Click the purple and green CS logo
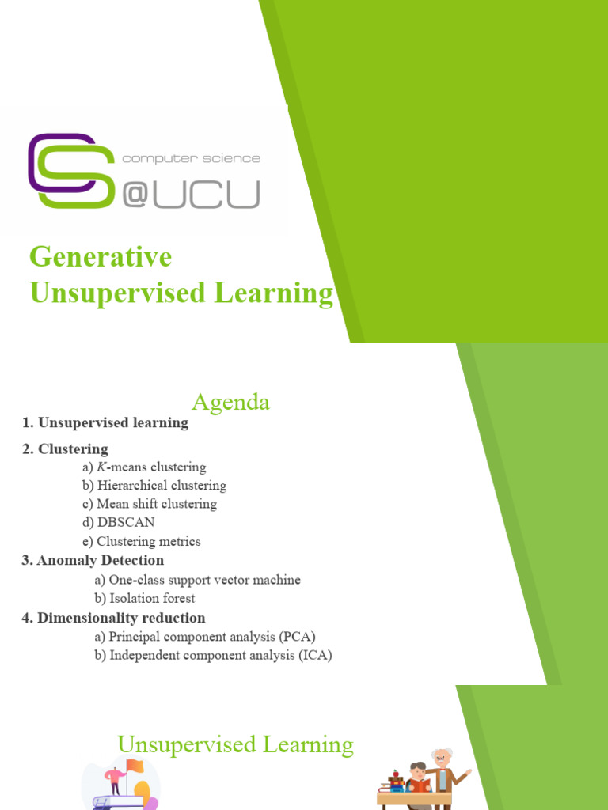70,171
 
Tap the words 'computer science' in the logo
191,158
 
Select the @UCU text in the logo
191,193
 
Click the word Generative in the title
101,257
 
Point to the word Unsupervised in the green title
108,293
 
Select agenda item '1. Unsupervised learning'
105,422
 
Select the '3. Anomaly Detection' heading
93,560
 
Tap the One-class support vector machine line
197,580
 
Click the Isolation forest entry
144,598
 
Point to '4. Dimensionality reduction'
113,617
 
